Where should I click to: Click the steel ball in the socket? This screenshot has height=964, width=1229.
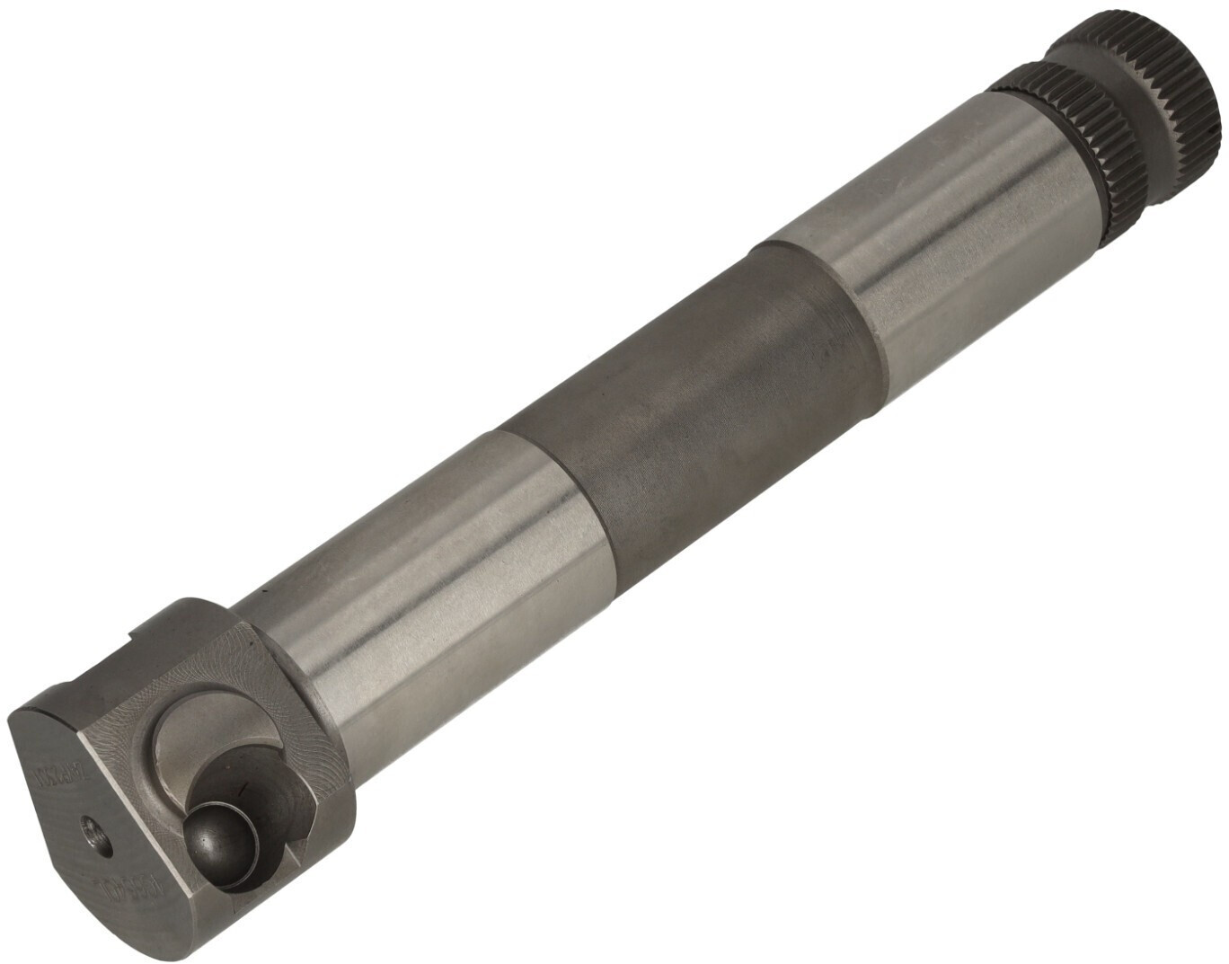click(218, 841)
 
